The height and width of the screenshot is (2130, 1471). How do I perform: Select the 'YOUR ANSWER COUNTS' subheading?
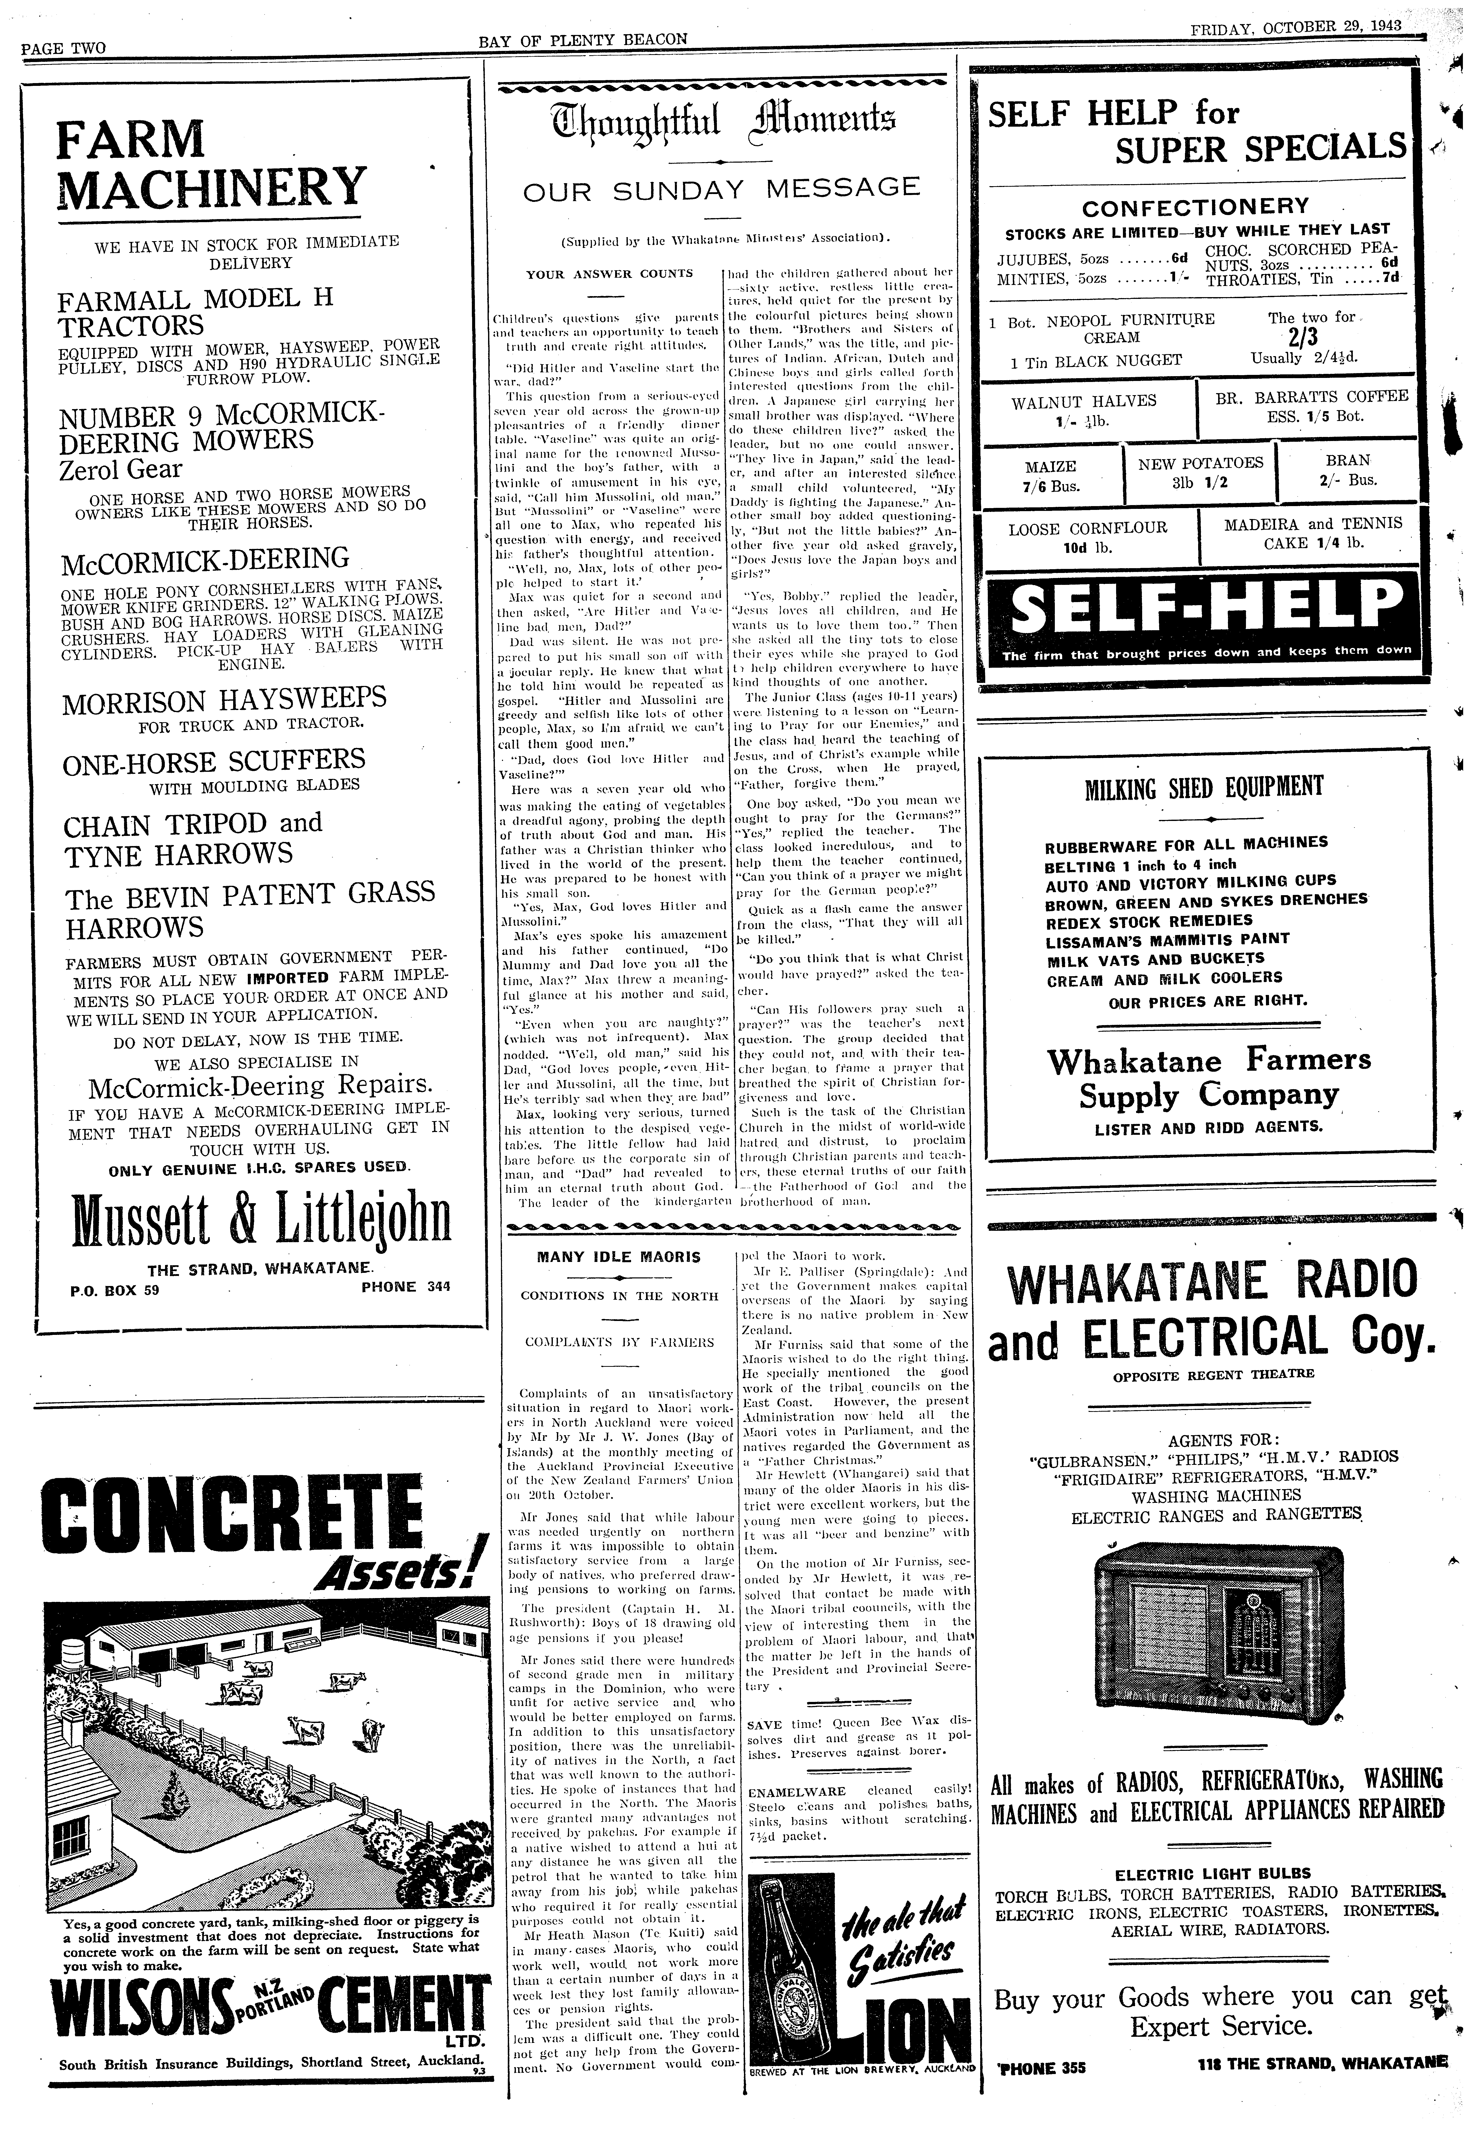[609, 274]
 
